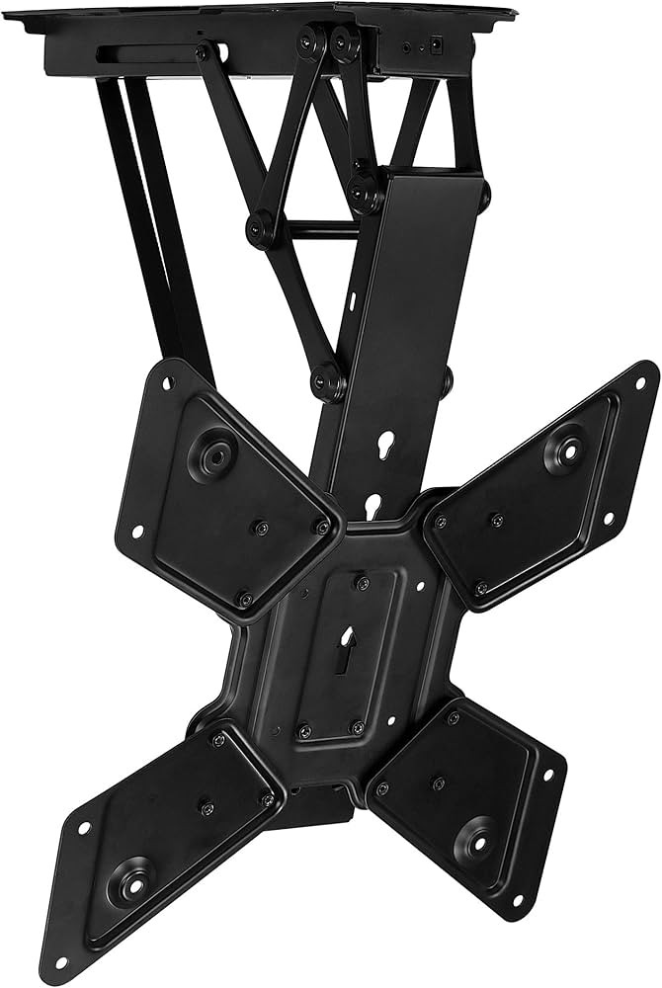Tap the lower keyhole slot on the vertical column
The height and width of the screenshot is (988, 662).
coord(373,506)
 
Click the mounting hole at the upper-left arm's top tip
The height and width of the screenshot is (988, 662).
coord(164,375)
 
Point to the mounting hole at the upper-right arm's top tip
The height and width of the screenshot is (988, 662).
coord(642,376)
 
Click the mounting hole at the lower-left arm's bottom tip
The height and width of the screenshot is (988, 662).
coord(61,960)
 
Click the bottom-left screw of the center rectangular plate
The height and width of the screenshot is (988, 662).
coord(305,730)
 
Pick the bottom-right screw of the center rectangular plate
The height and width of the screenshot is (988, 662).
coord(357,728)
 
